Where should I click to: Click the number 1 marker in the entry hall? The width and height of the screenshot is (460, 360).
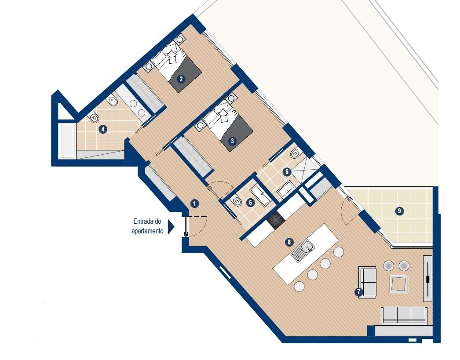(195, 203)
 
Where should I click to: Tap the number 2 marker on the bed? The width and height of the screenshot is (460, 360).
(180, 79)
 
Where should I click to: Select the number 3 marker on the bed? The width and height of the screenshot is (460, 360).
(232, 141)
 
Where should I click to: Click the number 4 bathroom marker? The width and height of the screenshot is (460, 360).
(102, 129)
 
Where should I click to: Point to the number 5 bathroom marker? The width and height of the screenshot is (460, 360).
(287, 172)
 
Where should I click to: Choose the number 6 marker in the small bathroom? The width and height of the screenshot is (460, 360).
(250, 203)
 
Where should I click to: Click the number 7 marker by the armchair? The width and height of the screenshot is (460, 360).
(359, 291)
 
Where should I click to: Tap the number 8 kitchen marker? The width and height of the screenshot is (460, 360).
(289, 242)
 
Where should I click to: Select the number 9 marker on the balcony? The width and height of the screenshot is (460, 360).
(399, 211)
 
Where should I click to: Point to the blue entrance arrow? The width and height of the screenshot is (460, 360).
(171, 226)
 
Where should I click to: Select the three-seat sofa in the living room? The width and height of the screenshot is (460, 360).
(404, 316)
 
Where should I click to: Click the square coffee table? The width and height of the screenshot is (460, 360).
(399, 284)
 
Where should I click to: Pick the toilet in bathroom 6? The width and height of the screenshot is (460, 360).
(236, 201)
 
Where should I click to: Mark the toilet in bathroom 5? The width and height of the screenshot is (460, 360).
(296, 154)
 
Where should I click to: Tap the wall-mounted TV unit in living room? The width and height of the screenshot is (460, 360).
(427, 279)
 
